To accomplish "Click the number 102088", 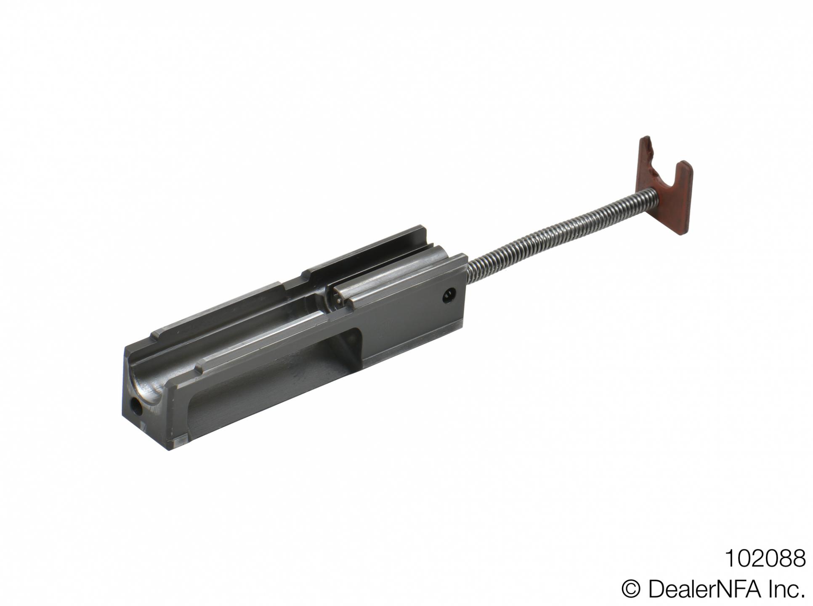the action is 765,559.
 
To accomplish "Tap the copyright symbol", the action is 631,590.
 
